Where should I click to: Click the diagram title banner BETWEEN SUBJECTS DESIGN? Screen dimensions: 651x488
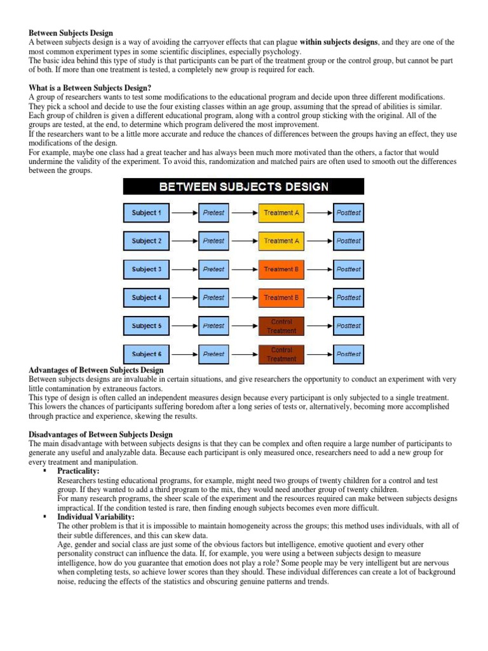point(243,187)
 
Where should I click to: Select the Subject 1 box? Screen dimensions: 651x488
point(146,213)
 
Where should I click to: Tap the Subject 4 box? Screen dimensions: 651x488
point(146,298)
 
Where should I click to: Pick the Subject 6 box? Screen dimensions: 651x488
point(146,354)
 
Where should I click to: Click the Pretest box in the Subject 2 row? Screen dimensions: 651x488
point(213,241)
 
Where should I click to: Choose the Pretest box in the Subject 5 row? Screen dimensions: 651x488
point(213,326)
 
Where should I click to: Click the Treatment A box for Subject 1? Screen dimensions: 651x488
point(281,213)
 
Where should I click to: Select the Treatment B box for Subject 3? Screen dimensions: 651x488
point(281,270)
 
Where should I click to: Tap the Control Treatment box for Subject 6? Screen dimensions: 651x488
point(281,354)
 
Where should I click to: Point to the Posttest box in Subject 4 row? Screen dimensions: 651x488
point(349,298)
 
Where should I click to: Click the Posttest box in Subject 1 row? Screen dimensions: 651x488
point(349,213)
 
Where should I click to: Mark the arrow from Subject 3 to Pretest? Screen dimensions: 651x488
point(184,270)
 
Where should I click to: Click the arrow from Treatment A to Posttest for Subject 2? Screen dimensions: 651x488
point(319,241)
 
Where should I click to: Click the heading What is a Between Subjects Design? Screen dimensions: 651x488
point(90,88)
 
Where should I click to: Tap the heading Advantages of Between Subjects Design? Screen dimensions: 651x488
point(96,370)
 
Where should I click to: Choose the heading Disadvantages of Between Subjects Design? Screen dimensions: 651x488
point(100,435)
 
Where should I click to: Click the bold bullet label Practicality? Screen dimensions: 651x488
point(78,471)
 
